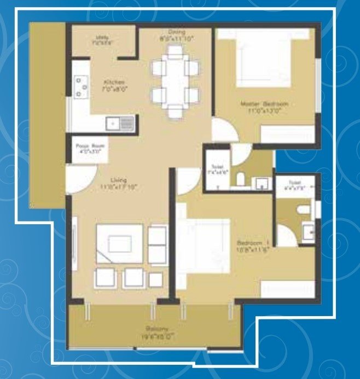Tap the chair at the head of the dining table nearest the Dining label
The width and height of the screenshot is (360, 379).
tap(175, 52)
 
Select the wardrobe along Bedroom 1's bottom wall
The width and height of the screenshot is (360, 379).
tap(287, 288)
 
